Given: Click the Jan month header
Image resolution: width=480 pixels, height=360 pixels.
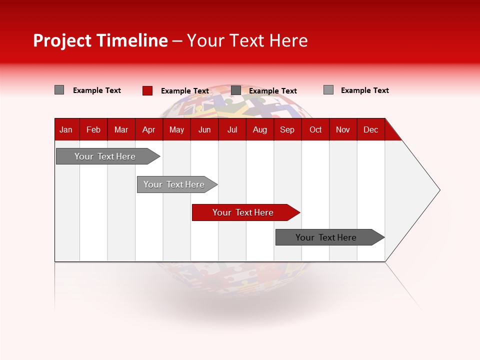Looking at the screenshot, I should point(66,129).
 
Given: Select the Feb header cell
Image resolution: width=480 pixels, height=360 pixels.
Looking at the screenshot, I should point(93,129).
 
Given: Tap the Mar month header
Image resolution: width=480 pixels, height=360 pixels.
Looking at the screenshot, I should point(121,129).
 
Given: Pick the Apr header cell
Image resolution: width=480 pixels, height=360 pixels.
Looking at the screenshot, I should point(149,129).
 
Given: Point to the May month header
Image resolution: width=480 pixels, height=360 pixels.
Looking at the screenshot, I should point(176,129).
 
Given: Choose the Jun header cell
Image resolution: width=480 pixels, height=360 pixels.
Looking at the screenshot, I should point(204,129).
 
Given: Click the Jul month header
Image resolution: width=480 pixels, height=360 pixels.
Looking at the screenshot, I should point(232,129).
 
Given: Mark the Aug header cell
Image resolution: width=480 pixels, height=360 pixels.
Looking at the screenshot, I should point(260,129).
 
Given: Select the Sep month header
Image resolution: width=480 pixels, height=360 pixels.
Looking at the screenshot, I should point(287,129).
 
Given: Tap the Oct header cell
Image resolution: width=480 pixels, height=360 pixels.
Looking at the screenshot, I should point(315,129).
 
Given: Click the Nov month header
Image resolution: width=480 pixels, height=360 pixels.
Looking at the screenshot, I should point(343,129).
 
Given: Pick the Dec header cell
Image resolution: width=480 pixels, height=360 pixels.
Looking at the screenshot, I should point(371,129).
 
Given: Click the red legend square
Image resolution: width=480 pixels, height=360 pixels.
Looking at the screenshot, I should point(147,90).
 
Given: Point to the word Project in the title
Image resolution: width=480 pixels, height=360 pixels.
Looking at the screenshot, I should point(62,40).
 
